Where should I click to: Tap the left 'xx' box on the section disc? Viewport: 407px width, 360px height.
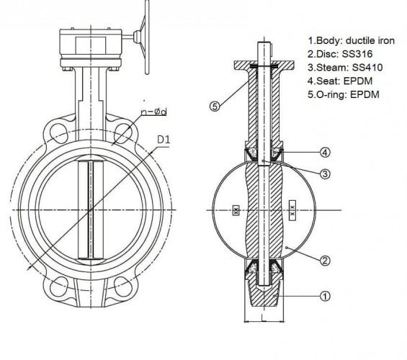236,210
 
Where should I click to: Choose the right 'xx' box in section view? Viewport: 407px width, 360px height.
292,210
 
